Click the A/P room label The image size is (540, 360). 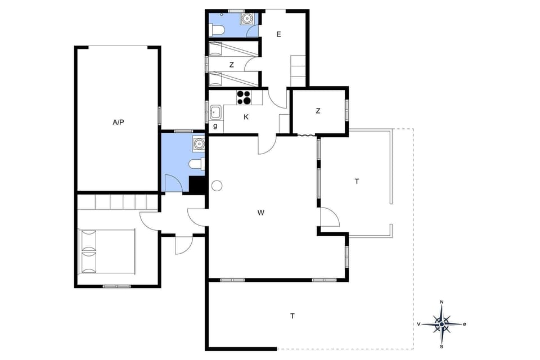[x=118, y=121]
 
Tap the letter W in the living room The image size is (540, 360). [x=261, y=213]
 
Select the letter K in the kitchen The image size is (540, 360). [x=246, y=117]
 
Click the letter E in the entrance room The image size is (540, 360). [x=278, y=34]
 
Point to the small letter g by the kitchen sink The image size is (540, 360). [x=215, y=125]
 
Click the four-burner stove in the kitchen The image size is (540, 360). [x=244, y=98]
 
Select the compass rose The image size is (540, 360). [x=442, y=324]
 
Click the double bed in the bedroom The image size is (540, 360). [x=107, y=251]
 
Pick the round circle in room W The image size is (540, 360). [x=217, y=186]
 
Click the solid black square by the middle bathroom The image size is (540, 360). [x=197, y=185]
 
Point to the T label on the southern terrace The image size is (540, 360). [x=292, y=316]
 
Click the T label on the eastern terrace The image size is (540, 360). [x=357, y=181]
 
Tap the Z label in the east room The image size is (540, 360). [x=318, y=111]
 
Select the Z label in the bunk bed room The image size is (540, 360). [x=231, y=65]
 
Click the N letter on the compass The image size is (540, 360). [x=442, y=303]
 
